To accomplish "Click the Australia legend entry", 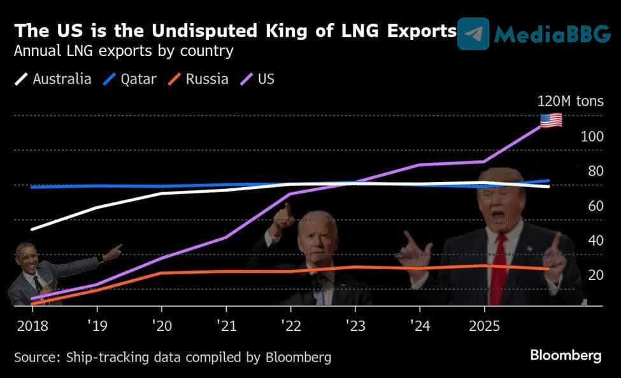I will click(x=54, y=80).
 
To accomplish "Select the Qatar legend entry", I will click(x=131, y=80).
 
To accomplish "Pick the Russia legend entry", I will click(x=199, y=80).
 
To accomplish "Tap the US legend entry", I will click(x=258, y=80).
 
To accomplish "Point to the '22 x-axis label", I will click(x=290, y=326).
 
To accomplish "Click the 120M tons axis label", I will click(x=570, y=101).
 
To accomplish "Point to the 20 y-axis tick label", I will click(x=595, y=275).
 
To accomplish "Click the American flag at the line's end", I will click(x=551, y=120).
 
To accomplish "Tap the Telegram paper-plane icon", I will click(x=473, y=34).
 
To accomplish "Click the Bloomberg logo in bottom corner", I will click(x=565, y=356).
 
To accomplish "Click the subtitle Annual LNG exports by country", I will click(x=124, y=51).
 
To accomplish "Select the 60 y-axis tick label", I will click(x=595, y=206).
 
